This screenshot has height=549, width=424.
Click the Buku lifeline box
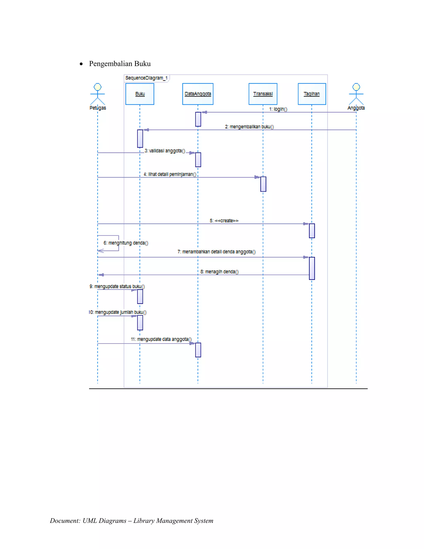click(140, 94)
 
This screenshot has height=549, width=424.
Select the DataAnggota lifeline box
click(198, 94)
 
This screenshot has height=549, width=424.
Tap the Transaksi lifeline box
click(263, 94)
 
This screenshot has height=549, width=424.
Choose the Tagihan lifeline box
click(312, 94)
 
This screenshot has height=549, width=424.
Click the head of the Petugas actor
click(98, 87)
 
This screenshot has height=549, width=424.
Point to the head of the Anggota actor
click(356, 87)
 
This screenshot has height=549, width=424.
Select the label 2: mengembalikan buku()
click(249, 127)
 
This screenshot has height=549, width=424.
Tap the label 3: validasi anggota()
click(165, 151)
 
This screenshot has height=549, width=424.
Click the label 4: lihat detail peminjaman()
click(170, 174)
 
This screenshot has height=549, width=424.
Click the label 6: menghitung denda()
click(126, 243)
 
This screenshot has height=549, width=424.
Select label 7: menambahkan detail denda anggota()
click(217, 252)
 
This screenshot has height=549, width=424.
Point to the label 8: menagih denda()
click(219, 272)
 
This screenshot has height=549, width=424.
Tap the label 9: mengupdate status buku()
click(117, 286)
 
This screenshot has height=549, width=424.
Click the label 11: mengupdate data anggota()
click(161, 339)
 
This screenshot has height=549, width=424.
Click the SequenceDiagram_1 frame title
click(146, 78)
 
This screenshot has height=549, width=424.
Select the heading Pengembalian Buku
click(120, 64)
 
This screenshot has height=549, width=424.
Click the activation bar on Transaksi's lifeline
click(263, 184)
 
